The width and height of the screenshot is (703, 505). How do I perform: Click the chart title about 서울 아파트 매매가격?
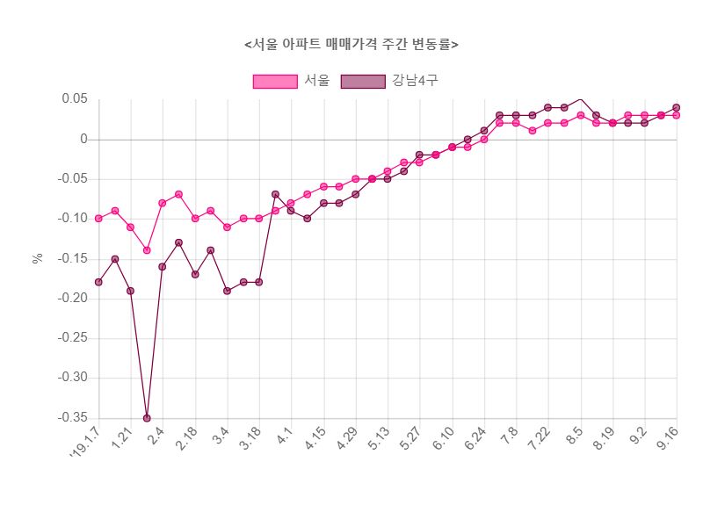(351, 44)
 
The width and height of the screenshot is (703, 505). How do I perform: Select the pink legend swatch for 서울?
(275, 81)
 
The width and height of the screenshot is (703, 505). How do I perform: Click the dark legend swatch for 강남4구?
(363, 81)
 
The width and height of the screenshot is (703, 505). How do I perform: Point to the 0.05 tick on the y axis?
(75, 99)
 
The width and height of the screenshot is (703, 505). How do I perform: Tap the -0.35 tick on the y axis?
(73, 418)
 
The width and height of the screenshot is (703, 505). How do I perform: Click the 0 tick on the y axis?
(84, 139)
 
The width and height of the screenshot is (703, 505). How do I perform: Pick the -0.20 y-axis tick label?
(73, 299)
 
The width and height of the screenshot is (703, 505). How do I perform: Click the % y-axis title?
(38, 258)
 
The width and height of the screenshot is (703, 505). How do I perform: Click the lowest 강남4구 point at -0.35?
(147, 418)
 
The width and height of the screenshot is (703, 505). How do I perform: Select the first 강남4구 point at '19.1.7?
(98, 282)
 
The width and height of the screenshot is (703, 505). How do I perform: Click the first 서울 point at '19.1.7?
(98, 219)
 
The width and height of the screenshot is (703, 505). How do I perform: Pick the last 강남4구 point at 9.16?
(677, 107)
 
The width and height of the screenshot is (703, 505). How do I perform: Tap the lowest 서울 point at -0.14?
(147, 250)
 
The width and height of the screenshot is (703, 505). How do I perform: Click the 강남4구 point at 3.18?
(259, 282)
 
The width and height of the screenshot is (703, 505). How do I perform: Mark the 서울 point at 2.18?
(195, 219)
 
